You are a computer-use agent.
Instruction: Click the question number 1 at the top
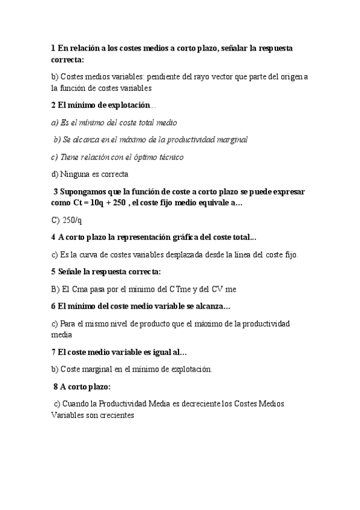coord(53,48)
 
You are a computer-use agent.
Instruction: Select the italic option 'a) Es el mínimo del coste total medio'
coord(114,123)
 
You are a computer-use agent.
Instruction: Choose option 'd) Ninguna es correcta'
coord(90,174)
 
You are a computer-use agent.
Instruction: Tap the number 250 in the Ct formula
coord(118,203)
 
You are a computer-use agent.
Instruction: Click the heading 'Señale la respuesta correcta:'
coord(111,272)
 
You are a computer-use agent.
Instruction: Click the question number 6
coord(53,306)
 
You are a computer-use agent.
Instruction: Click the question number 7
coord(53,352)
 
